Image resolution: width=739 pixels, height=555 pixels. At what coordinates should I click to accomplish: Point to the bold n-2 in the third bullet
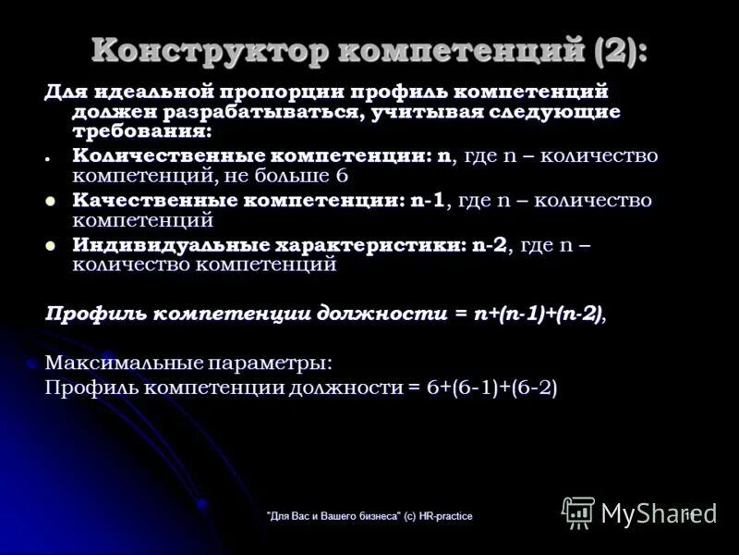click(x=489, y=245)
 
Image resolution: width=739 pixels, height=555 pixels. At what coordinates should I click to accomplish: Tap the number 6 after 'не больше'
click(x=342, y=176)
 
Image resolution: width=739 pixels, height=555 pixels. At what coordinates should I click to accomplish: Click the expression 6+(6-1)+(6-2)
click(x=491, y=388)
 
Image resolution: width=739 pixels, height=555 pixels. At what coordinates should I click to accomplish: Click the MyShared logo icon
click(x=578, y=512)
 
